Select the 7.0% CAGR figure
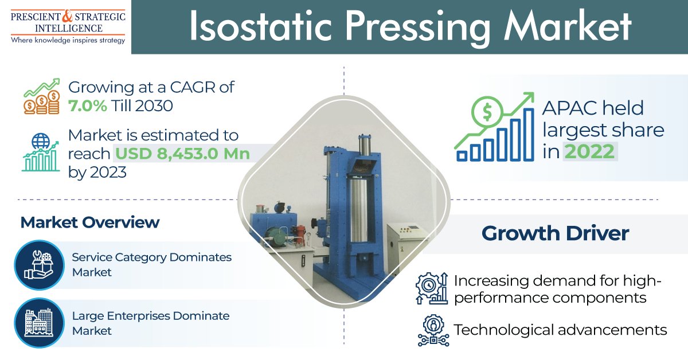87,106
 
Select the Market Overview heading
90,222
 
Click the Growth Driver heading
555,233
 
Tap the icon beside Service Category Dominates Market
39,264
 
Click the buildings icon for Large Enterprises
39,323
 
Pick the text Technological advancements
560,330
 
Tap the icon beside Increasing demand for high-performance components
432,289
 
